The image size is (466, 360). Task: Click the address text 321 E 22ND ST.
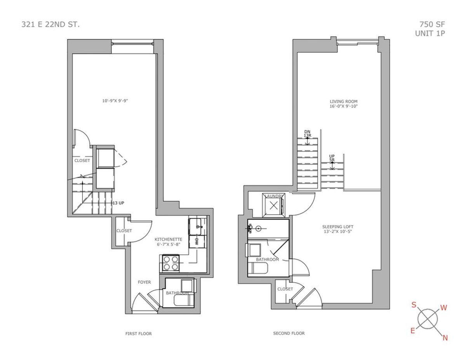[x=50, y=24]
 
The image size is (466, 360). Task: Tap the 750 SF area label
[x=432, y=24]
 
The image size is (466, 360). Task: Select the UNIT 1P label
[x=430, y=33]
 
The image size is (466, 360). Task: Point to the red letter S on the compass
[x=414, y=305]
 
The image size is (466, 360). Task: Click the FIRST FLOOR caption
[x=138, y=334]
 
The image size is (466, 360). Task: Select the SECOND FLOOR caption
[x=289, y=333]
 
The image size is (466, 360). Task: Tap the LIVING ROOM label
[x=344, y=101]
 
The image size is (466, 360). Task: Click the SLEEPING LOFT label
[x=337, y=227]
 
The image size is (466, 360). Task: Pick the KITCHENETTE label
[x=169, y=239]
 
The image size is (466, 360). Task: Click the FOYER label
[x=144, y=282]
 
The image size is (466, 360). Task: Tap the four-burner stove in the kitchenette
[x=169, y=263]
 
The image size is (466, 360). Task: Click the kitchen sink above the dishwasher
[x=195, y=226]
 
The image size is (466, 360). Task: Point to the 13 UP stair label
[x=118, y=203]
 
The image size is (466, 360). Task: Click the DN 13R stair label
[x=307, y=134]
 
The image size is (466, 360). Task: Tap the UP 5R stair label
[x=332, y=158]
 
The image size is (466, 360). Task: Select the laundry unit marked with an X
[x=273, y=206]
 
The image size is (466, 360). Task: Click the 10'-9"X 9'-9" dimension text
[x=115, y=101]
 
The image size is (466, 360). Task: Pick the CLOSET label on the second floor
[x=285, y=289]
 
